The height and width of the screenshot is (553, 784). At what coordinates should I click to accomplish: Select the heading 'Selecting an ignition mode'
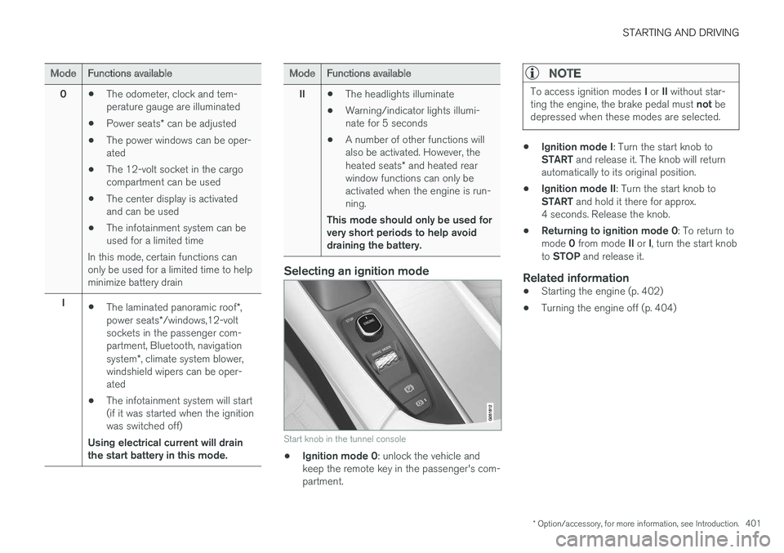pyautogui.click(x=356, y=271)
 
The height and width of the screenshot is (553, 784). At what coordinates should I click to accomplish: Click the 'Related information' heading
pyautogui.click(x=576, y=278)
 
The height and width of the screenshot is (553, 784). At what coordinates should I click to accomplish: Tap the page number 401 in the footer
pyautogui.click(x=752, y=524)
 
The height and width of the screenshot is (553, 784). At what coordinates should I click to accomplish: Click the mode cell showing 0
pyautogui.click(x=63, y=94)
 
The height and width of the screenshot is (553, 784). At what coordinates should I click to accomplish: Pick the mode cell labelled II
pyautogui.click(x=301, y=94)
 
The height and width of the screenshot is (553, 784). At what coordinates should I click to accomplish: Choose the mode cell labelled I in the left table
pyautogui.click(x=63, y=303)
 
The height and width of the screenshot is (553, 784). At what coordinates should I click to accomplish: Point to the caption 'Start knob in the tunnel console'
pyautogui.click(x=345, y=439)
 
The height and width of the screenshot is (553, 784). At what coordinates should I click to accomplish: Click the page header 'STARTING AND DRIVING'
pyautogui.click(x=680, y=33)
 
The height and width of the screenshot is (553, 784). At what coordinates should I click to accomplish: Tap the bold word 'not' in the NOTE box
pyautogui.click(x=704, y=104)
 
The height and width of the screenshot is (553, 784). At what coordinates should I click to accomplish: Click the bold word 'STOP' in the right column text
pyautogui.click(x=567, y=256)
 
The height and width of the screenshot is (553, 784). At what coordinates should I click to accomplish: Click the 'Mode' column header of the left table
pyautogui.click(x=63, y=74)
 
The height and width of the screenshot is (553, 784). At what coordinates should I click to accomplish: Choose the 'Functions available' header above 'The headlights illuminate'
pyautogui.click(x=368, y=74)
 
